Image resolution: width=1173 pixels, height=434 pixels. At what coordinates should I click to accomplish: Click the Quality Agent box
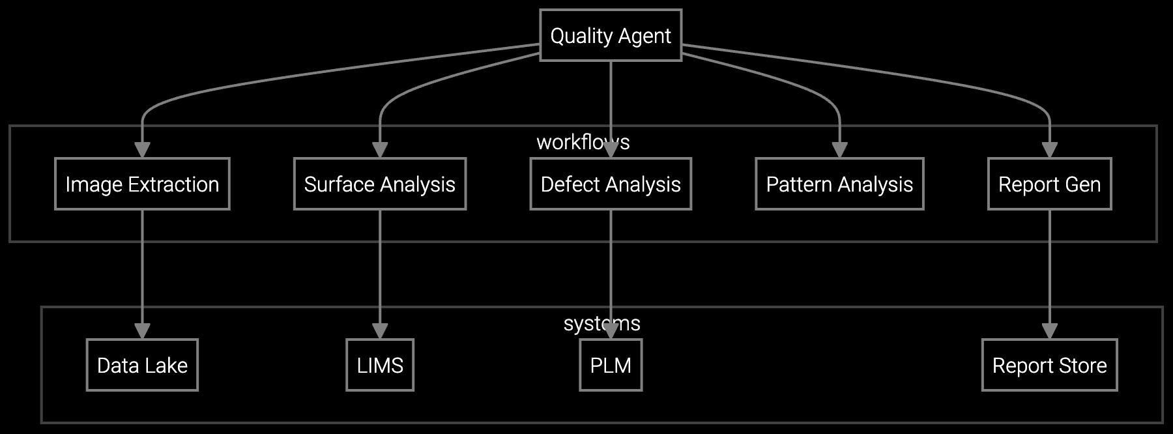coord(611,35)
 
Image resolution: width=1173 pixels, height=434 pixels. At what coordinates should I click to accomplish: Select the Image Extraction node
coord(142,184)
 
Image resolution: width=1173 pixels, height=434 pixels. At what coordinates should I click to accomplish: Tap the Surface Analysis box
coord(379,184)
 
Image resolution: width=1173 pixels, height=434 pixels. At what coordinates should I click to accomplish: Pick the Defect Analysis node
coord(611,184)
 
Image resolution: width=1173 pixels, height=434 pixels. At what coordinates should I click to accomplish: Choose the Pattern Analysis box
coord(839,184)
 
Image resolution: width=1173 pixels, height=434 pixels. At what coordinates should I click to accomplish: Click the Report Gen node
coord(1049,184)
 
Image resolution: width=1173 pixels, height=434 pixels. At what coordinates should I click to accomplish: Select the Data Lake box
coord(142,365)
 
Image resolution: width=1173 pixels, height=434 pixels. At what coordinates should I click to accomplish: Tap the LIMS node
coord(379,365)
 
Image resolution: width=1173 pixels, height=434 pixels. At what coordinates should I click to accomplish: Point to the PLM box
coord(611,365)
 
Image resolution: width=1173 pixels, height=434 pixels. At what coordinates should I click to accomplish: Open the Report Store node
coord(1049,365)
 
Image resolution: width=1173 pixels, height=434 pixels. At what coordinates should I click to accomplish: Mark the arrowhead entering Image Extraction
coord(142,150)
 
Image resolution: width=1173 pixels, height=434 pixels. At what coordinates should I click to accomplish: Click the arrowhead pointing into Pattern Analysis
coord(839,150)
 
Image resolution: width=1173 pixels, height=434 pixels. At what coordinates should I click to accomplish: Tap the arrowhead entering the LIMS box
coord(379,331)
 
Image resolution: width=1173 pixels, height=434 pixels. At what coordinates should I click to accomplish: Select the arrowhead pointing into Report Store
coord(1049,331)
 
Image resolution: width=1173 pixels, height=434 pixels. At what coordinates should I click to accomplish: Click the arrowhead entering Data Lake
coord(142,331)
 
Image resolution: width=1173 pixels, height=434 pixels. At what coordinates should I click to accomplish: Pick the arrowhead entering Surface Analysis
coord(379,150)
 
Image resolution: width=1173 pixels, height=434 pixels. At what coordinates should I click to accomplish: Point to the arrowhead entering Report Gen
coord(1049,150)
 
